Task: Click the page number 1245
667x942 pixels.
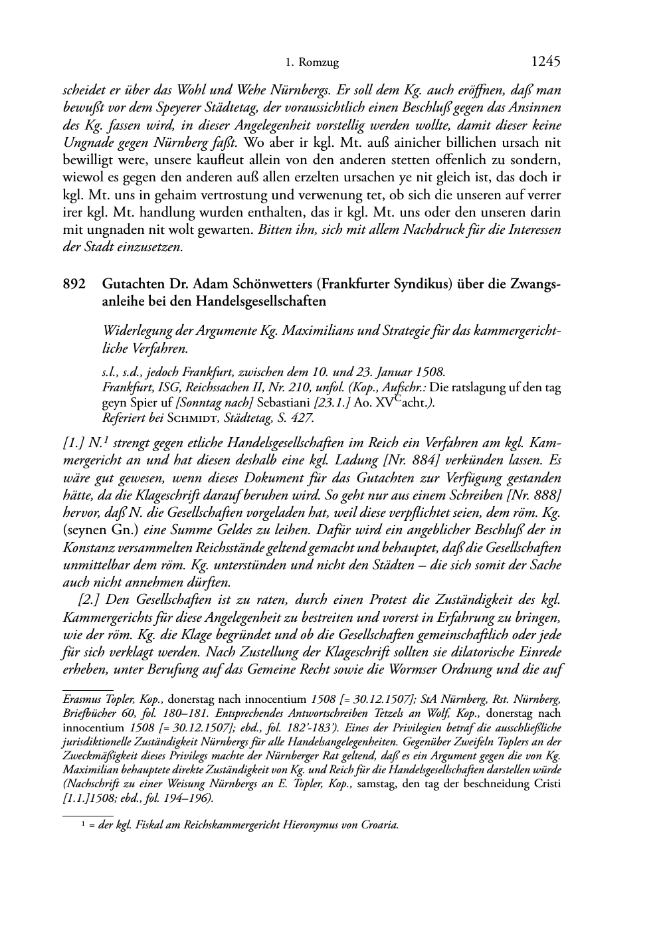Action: point(546,62)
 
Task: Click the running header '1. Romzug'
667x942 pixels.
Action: point(312,63)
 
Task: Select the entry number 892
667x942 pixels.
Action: point(73,284)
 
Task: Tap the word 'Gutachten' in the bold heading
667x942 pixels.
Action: point(132,284)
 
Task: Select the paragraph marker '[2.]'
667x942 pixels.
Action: point(89,600)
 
